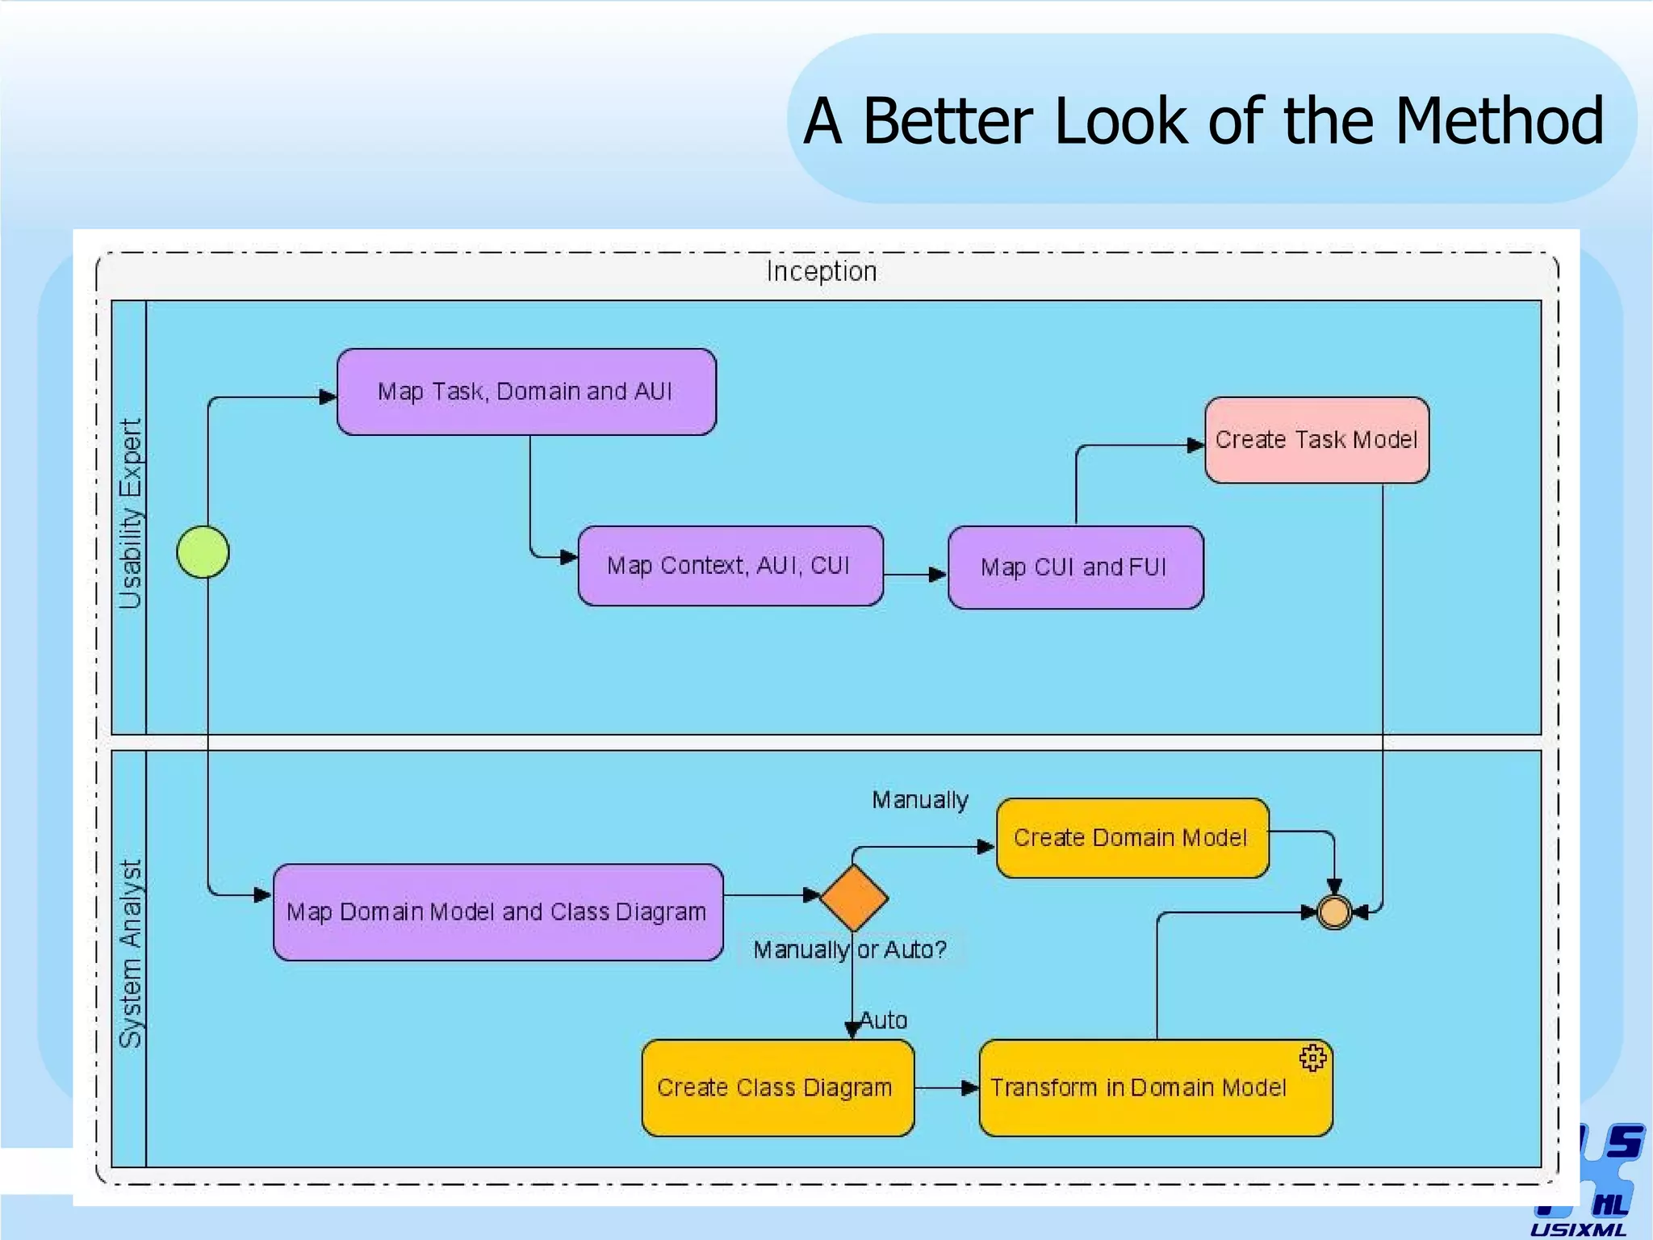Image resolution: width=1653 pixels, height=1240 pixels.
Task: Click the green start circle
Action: [x=203, y=552]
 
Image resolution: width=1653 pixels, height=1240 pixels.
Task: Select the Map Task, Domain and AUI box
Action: [x=526, y=392]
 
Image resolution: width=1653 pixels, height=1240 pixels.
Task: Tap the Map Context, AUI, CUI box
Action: [x=730, y=566]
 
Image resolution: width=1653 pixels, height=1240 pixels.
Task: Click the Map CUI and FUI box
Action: [x=1075, y=568]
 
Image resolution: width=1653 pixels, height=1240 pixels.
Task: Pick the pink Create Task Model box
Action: [x=1316, y=440]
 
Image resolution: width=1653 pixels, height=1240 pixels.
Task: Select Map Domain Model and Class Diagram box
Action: [x=497, y=912]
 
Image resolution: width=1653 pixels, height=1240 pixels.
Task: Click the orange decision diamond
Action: [x=853, y=898]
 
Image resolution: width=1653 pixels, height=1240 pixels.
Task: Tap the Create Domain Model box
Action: [x=1132, y=838]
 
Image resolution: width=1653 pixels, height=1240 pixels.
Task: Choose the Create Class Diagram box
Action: [x=777, y=1088]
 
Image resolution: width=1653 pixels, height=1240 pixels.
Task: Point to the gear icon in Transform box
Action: [x=1312, y=1058]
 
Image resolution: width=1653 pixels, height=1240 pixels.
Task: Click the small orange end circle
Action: [x=1333, y=912]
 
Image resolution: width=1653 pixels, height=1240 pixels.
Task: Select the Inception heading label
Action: [x=822, y=271]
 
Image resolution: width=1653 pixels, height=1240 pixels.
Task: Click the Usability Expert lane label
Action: [x=130, y=513]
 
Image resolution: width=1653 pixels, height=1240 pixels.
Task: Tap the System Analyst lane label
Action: [x=130, y=954]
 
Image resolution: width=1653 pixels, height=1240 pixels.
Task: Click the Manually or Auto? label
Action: [x=849, y=949]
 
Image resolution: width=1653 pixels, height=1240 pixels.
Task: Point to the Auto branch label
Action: [x=884, y=1020]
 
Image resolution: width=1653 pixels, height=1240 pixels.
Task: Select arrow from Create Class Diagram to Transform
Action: [x=946, y=1088]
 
